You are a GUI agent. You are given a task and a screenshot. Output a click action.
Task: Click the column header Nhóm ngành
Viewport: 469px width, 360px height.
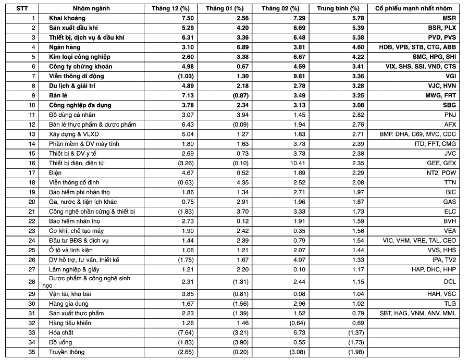[x=88, y=9]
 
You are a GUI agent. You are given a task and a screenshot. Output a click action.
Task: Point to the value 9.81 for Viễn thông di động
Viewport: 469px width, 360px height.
[x=292, y=76]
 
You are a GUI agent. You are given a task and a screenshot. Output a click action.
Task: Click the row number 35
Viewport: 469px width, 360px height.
[x=32, y=352]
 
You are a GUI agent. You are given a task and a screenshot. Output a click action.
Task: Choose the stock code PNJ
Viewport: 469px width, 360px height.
[x=450, y=115]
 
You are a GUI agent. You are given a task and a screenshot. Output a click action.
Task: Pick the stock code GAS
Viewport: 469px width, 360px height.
[x=450, y=202]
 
